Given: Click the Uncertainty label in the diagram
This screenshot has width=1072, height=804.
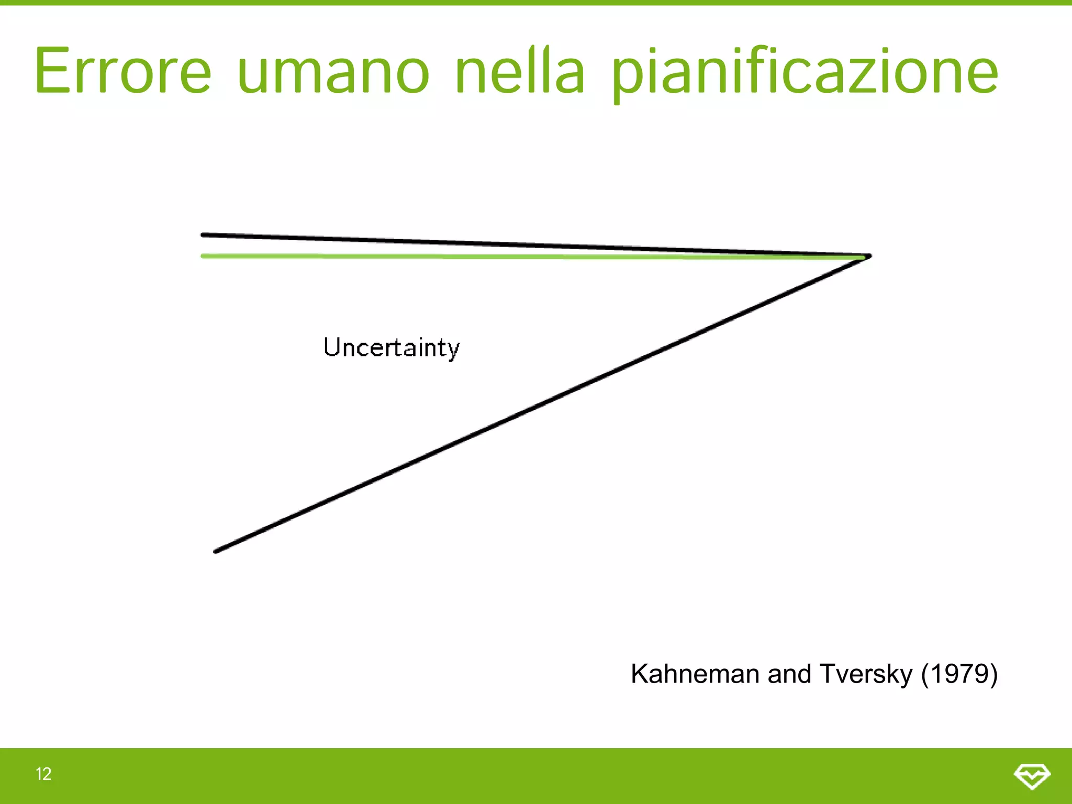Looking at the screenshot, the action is pos(392,348).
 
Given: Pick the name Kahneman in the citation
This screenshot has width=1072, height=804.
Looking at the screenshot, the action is pos(695,674).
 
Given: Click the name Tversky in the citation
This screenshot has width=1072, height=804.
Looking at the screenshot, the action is pos(866,674).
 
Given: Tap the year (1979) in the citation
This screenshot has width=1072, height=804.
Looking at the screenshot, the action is pos(959,674).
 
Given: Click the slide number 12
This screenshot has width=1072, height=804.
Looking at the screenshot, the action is pos(43,774).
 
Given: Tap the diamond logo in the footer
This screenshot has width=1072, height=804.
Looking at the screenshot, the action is pos(1032,776).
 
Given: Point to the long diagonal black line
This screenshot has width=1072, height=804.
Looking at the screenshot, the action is pos(542,404).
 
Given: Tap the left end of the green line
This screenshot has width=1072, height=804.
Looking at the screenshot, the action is pos(203,256).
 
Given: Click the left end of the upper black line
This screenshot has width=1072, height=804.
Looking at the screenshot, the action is pos(203,234).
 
